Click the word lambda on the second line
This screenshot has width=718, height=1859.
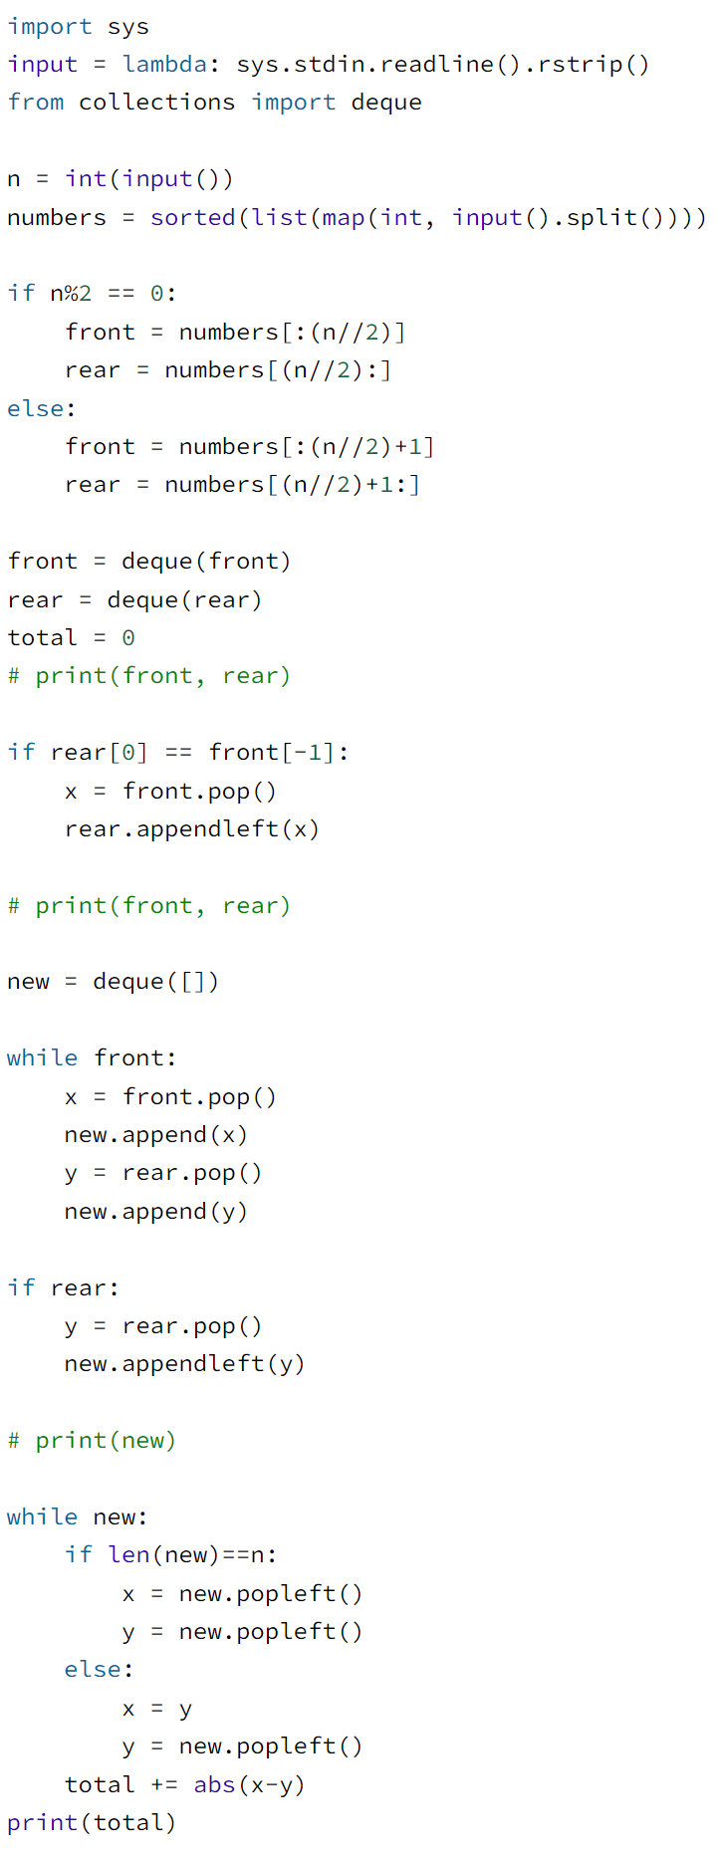[x=164, y=65]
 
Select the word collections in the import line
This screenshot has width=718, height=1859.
[x=157, y=103]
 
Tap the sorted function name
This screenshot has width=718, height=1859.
[x=193, y=217]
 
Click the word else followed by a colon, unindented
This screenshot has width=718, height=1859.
[x=36, y=408]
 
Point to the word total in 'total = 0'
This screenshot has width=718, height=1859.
[x=42, y=637]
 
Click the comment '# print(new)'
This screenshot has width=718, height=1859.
[x=92, y=1440]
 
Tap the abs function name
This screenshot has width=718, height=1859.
[x=214, y=1784]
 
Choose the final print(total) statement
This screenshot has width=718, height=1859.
[x=92, y=1822]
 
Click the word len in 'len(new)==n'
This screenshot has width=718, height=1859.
[x=128, y=1554]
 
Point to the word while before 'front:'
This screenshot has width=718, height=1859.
[x=42, y=1057]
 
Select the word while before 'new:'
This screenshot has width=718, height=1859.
[x=42, y=1516]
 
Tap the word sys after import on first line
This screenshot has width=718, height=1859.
[x=128, y=27]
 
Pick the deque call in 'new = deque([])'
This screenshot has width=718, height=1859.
[x=128, y=981]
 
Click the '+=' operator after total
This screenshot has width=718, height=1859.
[x=164, y=1784]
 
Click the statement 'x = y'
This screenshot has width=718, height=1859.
[x=157, y=1709]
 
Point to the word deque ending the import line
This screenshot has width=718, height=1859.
[x=386, y=103]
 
